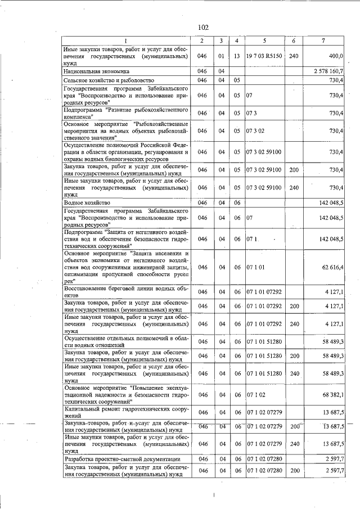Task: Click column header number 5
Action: pyautogui.click(x=264, y=40)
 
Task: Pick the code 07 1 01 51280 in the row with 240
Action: pyautogui.click(x=264, y=373)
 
